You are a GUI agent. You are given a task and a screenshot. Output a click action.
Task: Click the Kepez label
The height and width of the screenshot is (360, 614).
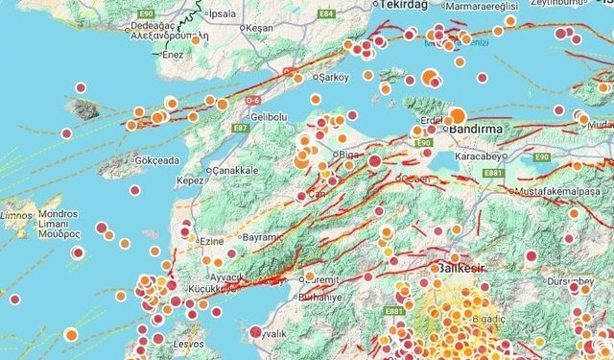click(x=191, y=180)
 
